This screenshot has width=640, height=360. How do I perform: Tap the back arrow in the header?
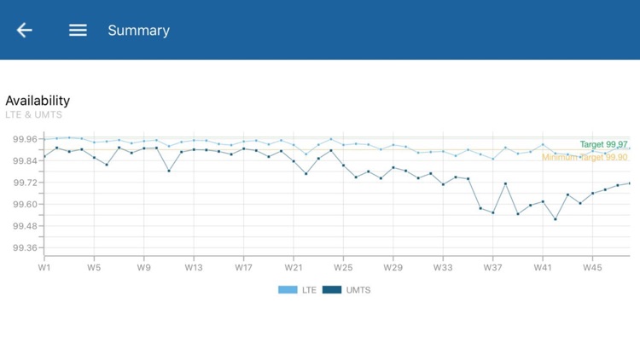[24, 30]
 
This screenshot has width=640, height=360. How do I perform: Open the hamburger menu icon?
[78, 30]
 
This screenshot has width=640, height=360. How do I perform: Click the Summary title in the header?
[138, 31]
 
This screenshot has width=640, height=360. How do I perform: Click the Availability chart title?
[38, 101]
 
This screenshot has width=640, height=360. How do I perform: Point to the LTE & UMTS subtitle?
[33, 115]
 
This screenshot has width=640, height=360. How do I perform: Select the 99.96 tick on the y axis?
[25, 139]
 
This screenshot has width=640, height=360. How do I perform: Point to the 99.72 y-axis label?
[25, 183]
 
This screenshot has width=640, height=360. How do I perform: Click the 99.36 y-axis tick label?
[25, 248]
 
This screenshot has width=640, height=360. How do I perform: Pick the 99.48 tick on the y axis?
[25, 226]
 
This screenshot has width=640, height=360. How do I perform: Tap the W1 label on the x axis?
[44, 268]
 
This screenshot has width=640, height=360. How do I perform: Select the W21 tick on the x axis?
[294, 268]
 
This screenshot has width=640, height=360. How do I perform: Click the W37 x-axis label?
[492, 268]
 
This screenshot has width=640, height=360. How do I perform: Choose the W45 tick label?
[592, 268]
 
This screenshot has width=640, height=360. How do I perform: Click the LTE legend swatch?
[288, 290]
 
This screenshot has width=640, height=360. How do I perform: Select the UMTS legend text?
[359, 290]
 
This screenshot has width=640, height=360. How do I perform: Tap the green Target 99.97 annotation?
[603, 145]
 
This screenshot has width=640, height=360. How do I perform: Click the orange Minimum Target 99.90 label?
[585, 158]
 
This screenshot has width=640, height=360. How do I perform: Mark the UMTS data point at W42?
[556, 219]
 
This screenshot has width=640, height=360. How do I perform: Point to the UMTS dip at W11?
[169, 171]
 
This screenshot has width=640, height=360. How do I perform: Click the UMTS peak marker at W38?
[505, 183]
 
